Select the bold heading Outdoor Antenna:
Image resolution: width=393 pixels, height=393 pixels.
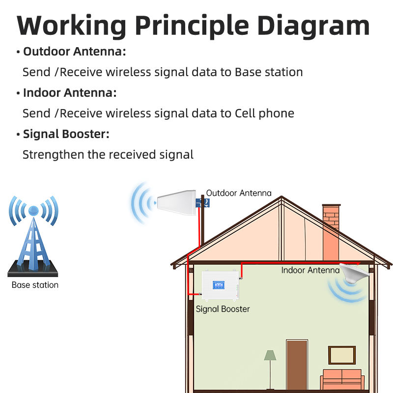coord(74,52)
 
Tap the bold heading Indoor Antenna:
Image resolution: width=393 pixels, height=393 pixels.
coord(70,93)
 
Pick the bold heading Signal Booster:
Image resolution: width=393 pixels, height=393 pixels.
coord(66,134)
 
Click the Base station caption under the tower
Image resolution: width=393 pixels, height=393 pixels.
coord(35,285)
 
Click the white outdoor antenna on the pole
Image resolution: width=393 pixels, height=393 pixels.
coord(175,201)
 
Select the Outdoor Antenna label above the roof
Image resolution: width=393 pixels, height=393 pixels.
coord(238,193)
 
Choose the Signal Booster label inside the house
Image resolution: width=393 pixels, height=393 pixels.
coord(223,309)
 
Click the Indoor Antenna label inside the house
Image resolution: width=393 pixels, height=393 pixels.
coord(310,270)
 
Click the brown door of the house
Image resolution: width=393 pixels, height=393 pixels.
coord(297,364)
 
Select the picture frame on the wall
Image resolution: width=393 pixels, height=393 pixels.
coord(342,355)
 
